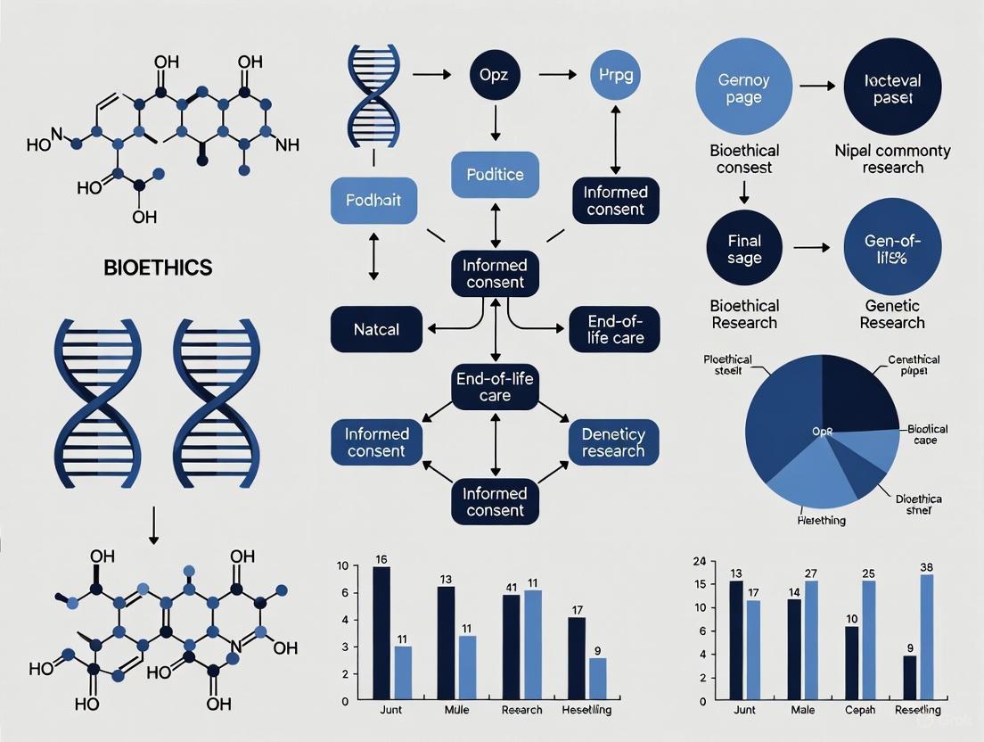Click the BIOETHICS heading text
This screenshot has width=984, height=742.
pyautogui.click(x=157, y=266)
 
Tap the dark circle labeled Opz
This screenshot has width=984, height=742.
pyautogui.click(x=494, y=74)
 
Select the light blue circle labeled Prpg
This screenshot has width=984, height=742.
pyautogui.click(x=615, y=74)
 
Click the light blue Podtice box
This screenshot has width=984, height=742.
pyautogui.click(x=495, y=175)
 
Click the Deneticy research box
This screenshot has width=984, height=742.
pyautogui.click(x=613, y=442)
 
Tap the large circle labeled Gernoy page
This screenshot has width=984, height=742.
pyautogui.click(x=743, y=87)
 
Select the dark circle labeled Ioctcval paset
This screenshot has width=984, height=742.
pyautogui.click(x=893, y=87)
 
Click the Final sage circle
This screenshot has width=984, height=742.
pyautogui.click(x=744, y=249)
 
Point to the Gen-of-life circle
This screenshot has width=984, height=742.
pyautogui.click(x=892, y=249)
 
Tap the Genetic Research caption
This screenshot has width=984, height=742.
pyautogui.click(x=892, y=314)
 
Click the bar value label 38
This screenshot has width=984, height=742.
pyautogui.click(x=926, y=567)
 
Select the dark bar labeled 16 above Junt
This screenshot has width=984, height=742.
pyautogui.click(x=381, y=632)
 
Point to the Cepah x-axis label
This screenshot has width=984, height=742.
pyautogui.click(x=860, y=710)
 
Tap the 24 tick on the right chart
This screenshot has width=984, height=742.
pyautogui.click(x=699, y=561)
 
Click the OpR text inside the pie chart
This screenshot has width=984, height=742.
pyautogui.click(x=822, y=431)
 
